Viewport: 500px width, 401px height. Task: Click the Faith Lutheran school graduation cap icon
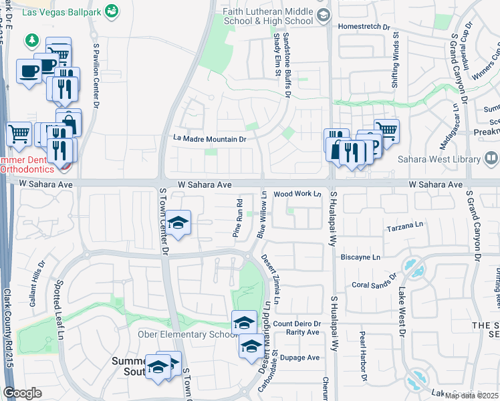(x=324, y=15)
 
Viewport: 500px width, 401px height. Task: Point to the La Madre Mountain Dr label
(x=210, y=139)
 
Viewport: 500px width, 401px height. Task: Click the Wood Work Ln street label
(x=297, y=194)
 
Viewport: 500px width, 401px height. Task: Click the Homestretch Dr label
(x=364, y=27)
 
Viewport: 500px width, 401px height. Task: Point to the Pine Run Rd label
(x=237, y=218)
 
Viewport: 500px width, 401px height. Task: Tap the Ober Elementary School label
(x=183, y=334)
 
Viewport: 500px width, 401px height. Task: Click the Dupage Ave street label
(x=299, y=358)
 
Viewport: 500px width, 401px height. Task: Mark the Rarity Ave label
(x=303, y=332)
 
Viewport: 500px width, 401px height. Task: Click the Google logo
(x=23, y=393)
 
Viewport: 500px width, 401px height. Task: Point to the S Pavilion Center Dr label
(x=96, y=77)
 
